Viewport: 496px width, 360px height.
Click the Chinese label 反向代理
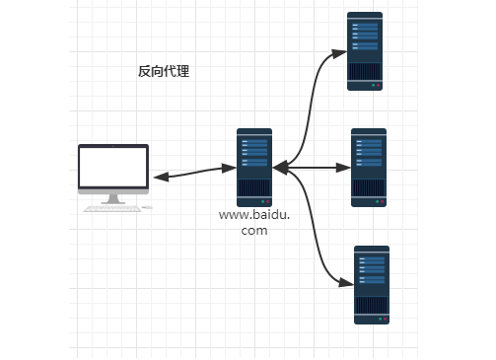[x=164, y=72]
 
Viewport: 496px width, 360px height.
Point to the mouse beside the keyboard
[x=147, y=207]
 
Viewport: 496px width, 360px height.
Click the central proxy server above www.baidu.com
[x=254, y=167]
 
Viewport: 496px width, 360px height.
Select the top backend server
[x=365, y=51]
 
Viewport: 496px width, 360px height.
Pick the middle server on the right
[x=369, y=167]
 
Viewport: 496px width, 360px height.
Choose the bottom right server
[x=372, y=285]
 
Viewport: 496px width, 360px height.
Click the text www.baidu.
[x=254, y=214]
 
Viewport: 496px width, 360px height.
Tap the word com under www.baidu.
[x=254, y=231]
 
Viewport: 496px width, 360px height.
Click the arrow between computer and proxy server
[x=193, y=174]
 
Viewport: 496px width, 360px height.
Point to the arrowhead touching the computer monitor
[x=160, y=179]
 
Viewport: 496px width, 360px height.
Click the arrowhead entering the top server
[x=341, y=51]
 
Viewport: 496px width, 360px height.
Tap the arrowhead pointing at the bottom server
[x=346, y=284]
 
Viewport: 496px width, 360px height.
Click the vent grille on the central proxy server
[x=254, y=188]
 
